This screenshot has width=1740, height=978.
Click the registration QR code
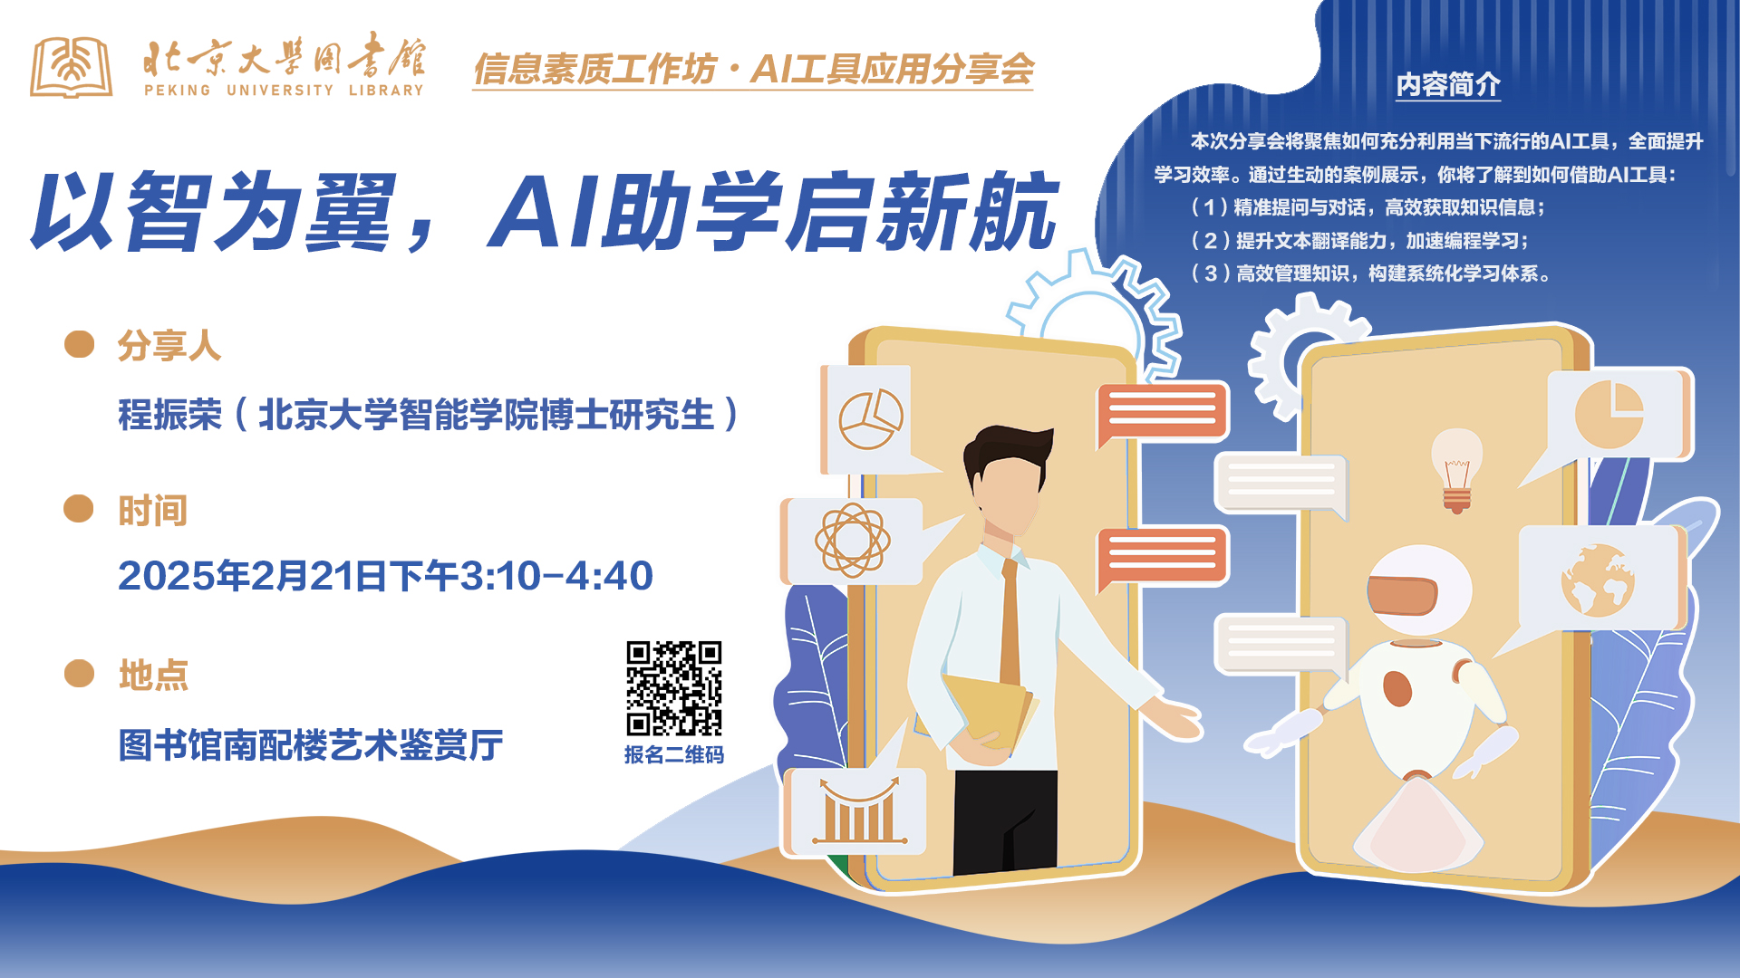click(x=674, y=689)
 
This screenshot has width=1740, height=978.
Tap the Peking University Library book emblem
click(x=72, y=67)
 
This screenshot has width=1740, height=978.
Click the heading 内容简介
click(x=1448, y=84)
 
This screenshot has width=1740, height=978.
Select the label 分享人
click(x=169, y=346)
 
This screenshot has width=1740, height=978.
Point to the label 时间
click(x=152, y=511)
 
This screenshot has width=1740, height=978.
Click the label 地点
click(x=153, y=676)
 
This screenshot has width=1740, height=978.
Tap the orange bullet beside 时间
click(x=79, y=509)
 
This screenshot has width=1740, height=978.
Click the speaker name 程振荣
click(x=170, y=415)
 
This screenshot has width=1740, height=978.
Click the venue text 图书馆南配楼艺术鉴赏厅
click(x=311, y=745)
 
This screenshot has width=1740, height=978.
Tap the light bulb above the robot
click(x=1456, y=470)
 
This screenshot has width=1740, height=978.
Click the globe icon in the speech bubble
click(x=1598, y=580)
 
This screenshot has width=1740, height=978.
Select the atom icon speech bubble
click(x=852, y=541)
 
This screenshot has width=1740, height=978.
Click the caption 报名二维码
click(x=674, y=754)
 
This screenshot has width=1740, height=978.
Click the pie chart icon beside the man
click(x=870, y=419)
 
